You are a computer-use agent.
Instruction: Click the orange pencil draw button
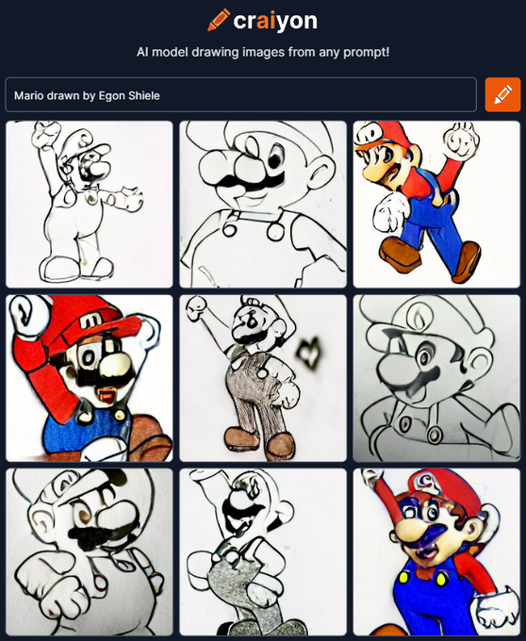[502, 95]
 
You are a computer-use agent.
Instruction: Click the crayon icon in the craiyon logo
[219, 20]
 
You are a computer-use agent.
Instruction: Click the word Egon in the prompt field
[111, 95]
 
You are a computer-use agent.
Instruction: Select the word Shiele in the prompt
[144, 95]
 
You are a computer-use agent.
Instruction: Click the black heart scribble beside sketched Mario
[309, 352]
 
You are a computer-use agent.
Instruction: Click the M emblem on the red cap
[93, 321]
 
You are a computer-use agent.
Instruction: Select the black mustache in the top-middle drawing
[250, 180]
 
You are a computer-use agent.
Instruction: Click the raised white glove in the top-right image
[462, 140]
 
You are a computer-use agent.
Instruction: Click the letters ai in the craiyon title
[268, 21]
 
